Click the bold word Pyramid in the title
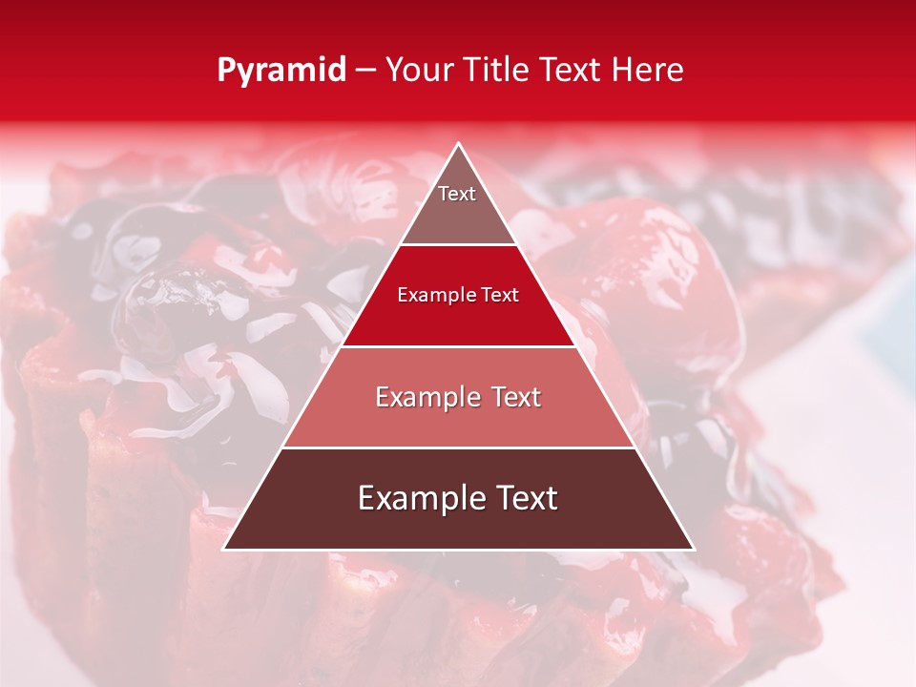tap(281, 71)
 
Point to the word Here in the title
tap(648, 71)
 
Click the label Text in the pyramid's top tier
tap(457, 194)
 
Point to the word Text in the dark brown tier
tap(523, 499)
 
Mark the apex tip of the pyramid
tap(459, 145)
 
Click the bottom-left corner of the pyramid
tap(225, 549)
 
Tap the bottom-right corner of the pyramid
tap(693, 549)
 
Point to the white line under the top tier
tap(458, 244)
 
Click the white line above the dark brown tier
tap(458, 448)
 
